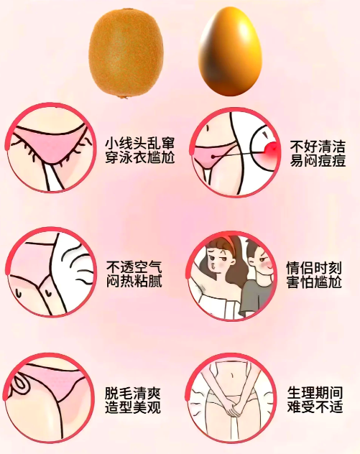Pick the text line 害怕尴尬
313,282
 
